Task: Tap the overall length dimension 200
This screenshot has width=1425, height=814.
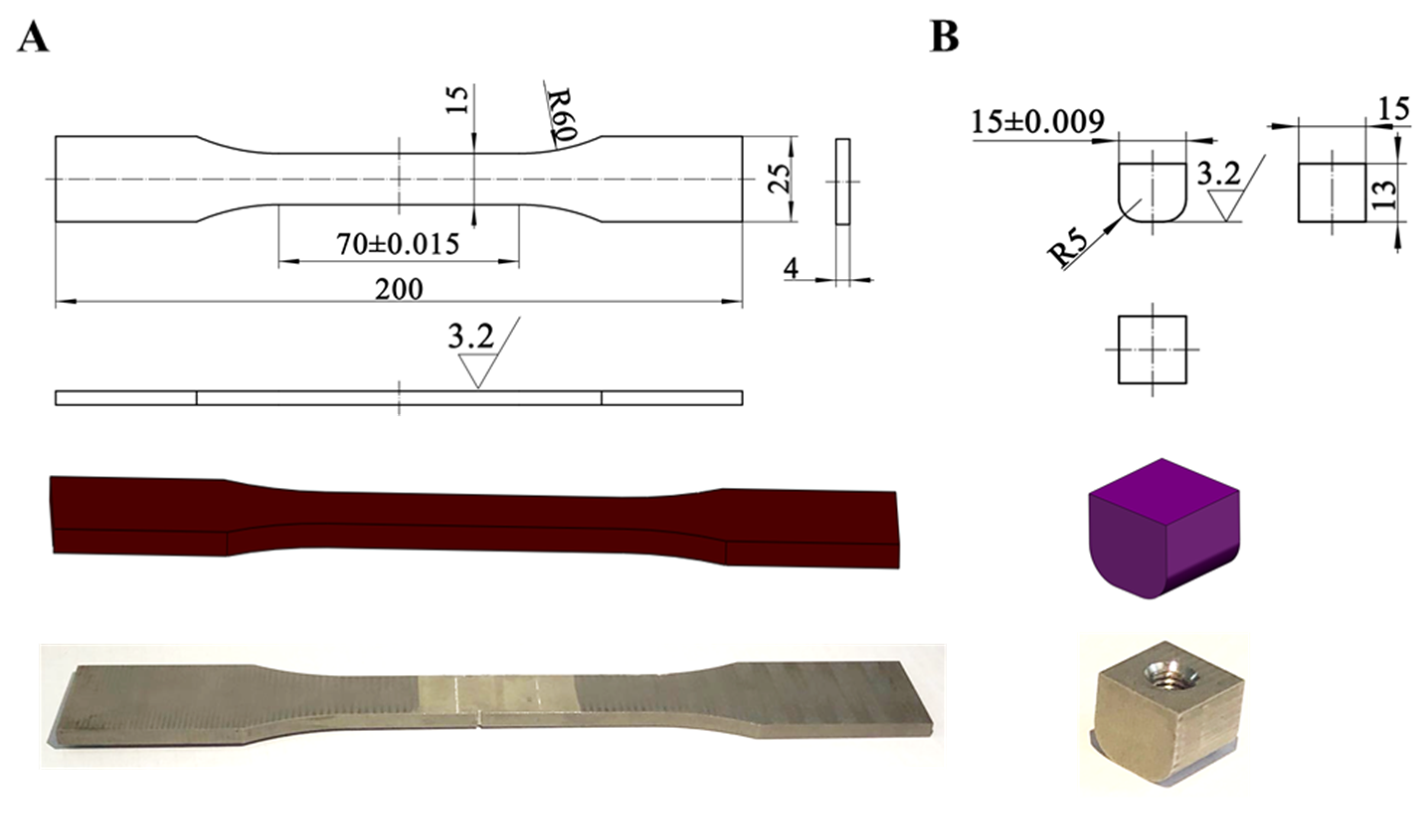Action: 398,289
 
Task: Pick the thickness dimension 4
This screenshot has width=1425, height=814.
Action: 791,270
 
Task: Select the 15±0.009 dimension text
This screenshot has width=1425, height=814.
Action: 1038,121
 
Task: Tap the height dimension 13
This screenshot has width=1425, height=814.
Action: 1384,193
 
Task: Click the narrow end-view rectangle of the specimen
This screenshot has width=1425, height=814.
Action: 842,181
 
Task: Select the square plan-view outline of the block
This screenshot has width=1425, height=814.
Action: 1152,350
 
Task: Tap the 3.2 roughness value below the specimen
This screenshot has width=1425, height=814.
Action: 471,337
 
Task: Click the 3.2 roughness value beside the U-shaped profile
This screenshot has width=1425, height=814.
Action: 1219,175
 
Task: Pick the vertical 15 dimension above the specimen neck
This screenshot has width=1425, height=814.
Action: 457,100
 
